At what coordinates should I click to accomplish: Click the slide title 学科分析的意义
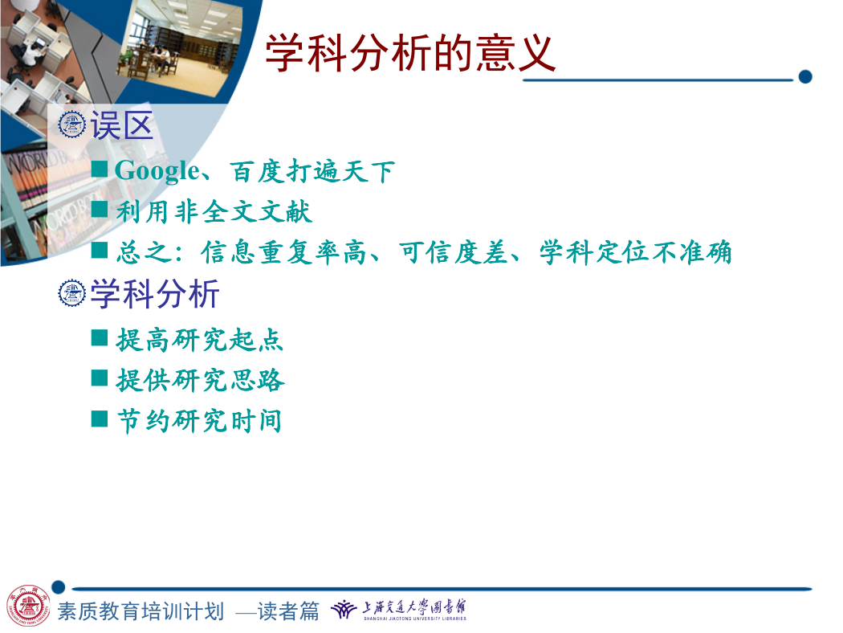[410, 53]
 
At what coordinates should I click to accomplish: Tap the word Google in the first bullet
[157, 171]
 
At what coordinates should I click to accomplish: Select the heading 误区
[122, 125]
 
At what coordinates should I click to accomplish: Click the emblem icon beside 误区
[71, 125]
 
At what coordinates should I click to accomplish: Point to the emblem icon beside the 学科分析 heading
[71, 293]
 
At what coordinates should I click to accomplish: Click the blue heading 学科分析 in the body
[155, 294]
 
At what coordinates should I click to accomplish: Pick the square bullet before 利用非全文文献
[100, 209]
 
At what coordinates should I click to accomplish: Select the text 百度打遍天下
[312, 172]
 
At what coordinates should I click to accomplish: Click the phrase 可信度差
[454, 252]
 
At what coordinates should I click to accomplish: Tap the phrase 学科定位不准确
[636, 252]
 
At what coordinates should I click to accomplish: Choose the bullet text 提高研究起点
[199, 340]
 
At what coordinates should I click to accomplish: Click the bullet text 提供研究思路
[200, 380]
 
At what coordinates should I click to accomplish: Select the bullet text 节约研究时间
[199, 421]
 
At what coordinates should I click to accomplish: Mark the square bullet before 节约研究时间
[100, 419]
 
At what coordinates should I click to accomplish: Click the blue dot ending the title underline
[804, 77]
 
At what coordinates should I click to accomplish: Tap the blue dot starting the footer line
[59, 586]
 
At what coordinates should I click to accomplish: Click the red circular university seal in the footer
[28, 606]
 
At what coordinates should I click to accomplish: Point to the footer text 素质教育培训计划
[140, 611]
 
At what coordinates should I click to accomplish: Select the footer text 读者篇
[288, 611]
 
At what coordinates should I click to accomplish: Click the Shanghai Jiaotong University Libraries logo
[398, 610]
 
